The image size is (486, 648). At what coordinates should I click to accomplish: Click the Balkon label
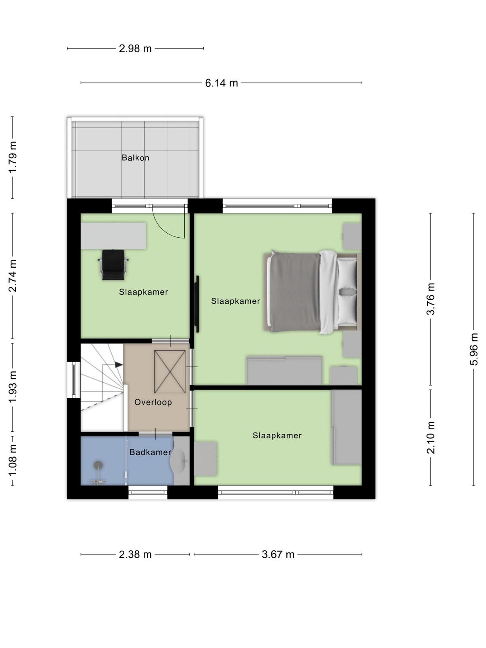click(x=135, y=158)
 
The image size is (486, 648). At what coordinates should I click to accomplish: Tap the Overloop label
click(x=153, y=402)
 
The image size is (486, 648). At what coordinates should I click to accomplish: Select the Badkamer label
click(x=150, y=452)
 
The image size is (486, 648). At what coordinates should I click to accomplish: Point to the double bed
click(x=312, y=292)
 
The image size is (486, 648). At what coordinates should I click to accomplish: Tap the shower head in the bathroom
click(x=98, y=465)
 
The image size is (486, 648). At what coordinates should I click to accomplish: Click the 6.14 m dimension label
click(x=221, y=83)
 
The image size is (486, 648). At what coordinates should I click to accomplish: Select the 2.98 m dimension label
click(x=135, y=49)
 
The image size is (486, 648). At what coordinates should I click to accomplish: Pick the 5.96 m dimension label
click(x=473, y=349)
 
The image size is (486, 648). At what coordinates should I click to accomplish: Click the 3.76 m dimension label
click(x=431, y=299)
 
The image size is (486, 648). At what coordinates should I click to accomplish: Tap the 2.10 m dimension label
click(x=431, y=437)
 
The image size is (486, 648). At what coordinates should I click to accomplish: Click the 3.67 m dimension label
click(x=278, y=554)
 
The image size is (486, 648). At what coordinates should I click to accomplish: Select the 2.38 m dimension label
click(x=135, y=554)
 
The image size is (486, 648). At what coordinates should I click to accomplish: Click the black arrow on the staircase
click(x=119, y=364)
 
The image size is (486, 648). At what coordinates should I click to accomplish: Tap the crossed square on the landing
click(x=170, y=372)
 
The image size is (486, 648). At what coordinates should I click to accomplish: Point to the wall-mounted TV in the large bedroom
click(x=197, y=304)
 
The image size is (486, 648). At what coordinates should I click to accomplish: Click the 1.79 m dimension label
click(x=13, y=158)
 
